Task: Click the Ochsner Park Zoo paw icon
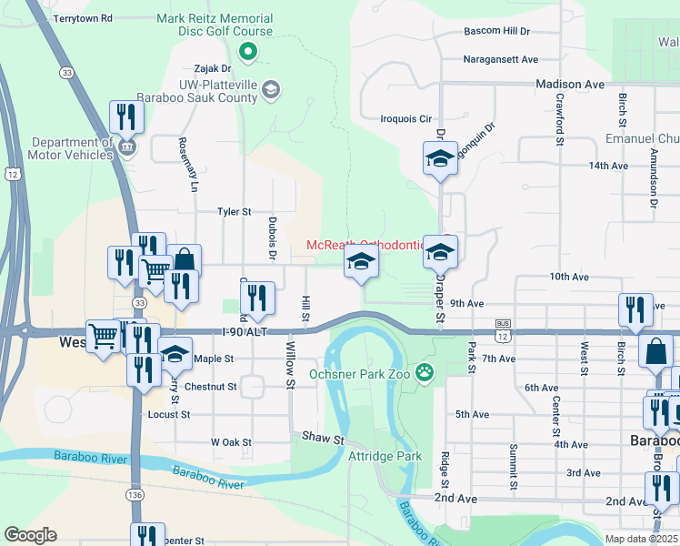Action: point(424,371)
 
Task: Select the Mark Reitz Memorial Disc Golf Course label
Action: point(215,25)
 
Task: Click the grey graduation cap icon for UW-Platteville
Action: point(271,89)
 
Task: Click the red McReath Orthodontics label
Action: point(365,245)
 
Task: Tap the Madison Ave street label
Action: point(570,84)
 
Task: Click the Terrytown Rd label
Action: point(83,18)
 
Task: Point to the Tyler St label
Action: point(234,212)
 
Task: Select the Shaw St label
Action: point(325,439)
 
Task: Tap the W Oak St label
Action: point(231,442)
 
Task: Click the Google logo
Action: point(29,535)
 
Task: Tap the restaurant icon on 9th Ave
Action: point(635,309)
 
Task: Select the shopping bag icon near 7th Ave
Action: point(655,350)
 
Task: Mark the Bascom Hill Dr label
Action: point(496,31)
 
